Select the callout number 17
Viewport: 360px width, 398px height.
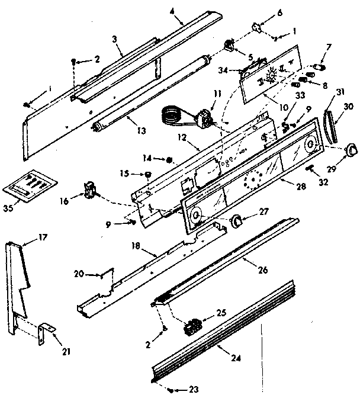(x=43, y=236)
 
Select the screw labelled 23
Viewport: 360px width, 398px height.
(x=171, y=390)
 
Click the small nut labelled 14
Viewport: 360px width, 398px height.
(x=169, y=159)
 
